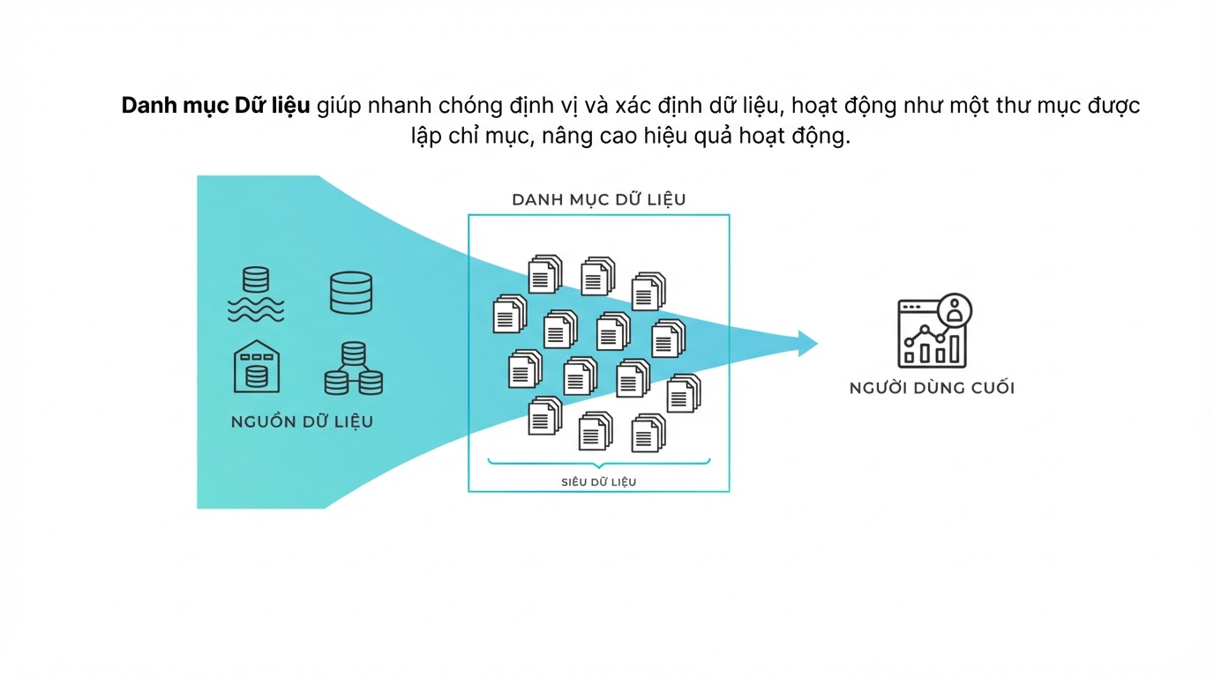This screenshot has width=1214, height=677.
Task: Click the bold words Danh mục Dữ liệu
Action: tap(215, 106)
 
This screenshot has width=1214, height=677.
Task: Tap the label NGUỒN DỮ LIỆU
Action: tap(302, 421)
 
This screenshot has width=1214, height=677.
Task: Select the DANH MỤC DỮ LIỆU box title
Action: tap(599, 199)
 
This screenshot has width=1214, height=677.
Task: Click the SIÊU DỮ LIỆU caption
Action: tap(598, 481)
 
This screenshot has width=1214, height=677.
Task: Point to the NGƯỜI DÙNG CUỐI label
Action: tap(932, 387)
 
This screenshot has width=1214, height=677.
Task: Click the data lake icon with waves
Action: tap(256, 294)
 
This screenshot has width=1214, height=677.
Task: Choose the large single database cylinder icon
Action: tap(351, 293)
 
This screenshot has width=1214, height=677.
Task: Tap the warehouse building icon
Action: tap(257, 367)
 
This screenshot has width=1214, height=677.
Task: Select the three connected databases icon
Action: tap(354, 368)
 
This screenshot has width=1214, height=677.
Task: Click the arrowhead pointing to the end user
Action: tap(807, 344)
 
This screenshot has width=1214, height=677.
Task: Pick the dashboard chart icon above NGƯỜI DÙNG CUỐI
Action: tap(934, 331)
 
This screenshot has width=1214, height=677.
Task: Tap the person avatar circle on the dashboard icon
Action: tap(955, 311)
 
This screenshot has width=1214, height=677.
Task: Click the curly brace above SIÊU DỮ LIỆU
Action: tap(599, 463)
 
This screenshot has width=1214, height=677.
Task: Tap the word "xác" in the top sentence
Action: tap(633, 106)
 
